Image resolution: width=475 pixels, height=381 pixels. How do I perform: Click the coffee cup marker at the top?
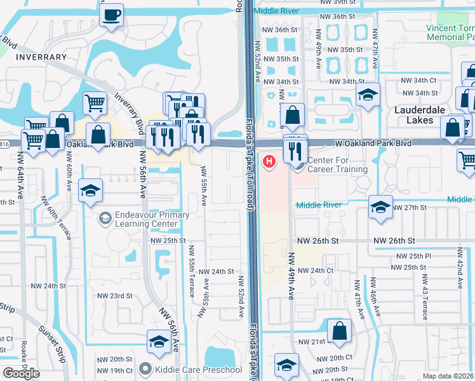pos(112,14)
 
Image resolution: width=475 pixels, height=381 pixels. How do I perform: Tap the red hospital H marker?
pos(270,162)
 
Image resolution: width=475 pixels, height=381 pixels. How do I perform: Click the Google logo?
pos(21,373)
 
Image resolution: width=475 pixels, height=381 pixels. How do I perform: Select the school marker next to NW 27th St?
pos(380,208)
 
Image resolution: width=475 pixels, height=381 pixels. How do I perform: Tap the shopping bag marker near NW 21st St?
pos(340,330)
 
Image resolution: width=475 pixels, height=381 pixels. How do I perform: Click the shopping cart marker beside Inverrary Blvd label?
pos(95,102)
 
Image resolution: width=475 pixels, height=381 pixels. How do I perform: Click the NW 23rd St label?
pos(114,296)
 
